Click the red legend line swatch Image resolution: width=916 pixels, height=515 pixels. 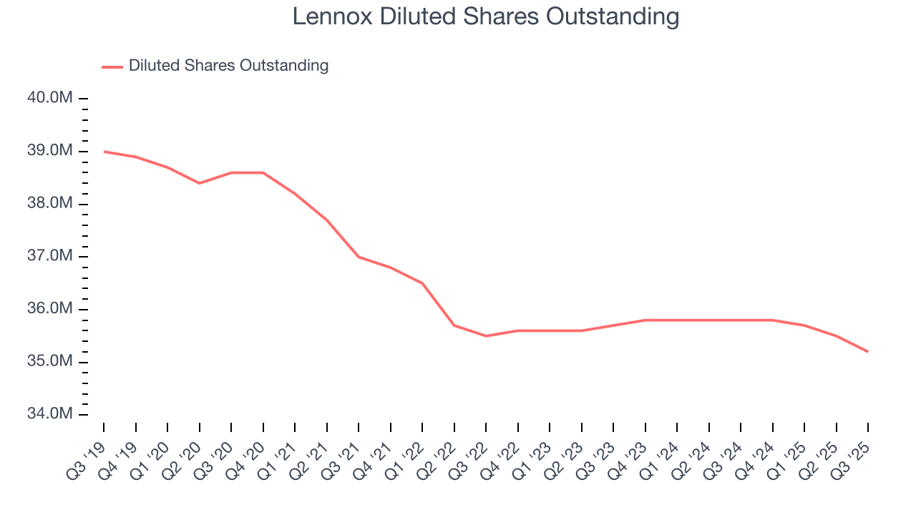click(x=112, y=67)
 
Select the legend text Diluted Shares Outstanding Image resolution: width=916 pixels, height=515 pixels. click(x=228, y=66)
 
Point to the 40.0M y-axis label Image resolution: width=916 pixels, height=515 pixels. click(x=50, y=98)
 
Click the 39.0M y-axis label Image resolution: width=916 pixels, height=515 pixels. click(x=50, y=151)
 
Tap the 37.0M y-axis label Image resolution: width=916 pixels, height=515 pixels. click(x=50, y=256)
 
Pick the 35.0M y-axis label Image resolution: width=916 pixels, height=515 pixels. click(x=50, y=362)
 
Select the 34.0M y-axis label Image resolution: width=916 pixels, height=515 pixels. click(x=50, y=414)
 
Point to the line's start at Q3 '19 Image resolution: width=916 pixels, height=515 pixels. click(x=104, y=152)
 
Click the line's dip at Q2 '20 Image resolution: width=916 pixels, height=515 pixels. click(x=200, y=183)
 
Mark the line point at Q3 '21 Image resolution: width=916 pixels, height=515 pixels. click(x=359, y=257)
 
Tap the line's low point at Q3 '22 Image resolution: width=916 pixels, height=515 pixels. click(x=486, y=336)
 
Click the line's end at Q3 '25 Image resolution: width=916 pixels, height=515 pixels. click(x=868, y=351)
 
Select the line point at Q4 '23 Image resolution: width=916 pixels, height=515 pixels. click(x=645, y=320)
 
